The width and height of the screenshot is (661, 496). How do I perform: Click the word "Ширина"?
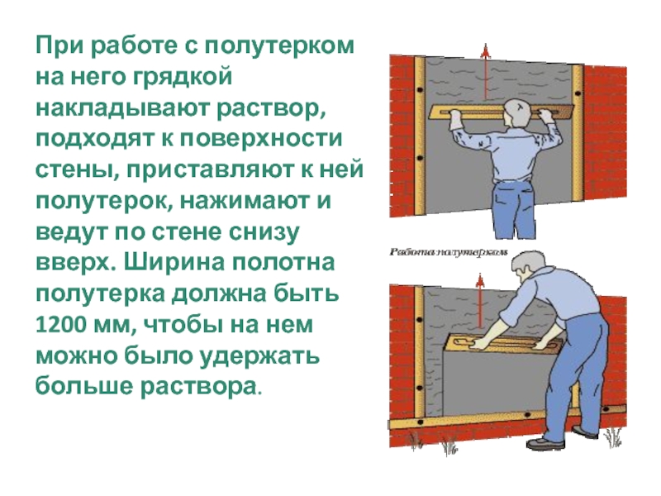174,263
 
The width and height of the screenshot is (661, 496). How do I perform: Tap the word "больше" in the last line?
84,386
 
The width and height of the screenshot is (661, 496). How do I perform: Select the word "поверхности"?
261,140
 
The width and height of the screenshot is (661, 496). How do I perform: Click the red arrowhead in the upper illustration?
486,50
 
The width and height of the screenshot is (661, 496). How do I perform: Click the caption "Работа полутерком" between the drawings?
448,252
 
